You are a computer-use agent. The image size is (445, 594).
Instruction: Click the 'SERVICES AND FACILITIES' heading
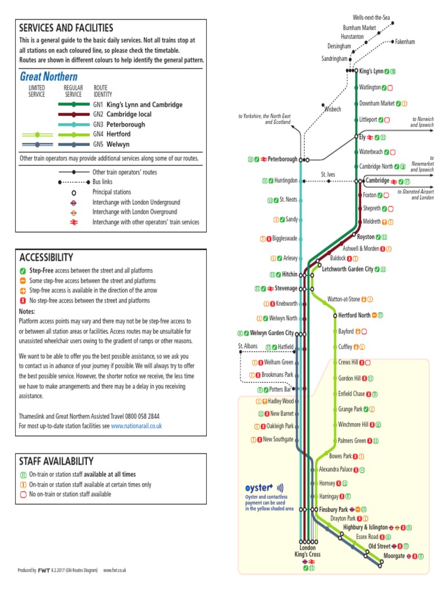point(66,28)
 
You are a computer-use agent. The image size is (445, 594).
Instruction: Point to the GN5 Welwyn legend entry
point(114,144)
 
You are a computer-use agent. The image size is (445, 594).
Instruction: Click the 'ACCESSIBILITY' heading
point(46,257)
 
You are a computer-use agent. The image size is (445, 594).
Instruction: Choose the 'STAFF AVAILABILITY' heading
point(56,461)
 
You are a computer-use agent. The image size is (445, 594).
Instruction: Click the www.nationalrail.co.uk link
point(136,426)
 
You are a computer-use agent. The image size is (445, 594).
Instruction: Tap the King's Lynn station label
point(372,71)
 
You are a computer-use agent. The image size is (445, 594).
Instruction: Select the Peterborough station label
point(282,159)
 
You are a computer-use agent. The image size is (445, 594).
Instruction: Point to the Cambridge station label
point(377,181)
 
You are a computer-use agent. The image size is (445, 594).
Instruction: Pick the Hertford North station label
point(354,316)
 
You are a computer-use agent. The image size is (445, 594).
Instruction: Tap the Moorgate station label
point(394,556)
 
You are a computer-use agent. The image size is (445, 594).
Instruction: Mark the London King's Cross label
point(307,551)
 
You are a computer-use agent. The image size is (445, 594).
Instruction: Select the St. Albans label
point(247,346)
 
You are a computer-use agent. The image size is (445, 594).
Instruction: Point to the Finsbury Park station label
point(333,509)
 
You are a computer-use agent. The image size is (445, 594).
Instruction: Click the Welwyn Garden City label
point(272,333)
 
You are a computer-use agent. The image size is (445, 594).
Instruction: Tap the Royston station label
point(366,237)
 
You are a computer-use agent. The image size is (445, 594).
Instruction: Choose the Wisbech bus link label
point(333,109)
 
